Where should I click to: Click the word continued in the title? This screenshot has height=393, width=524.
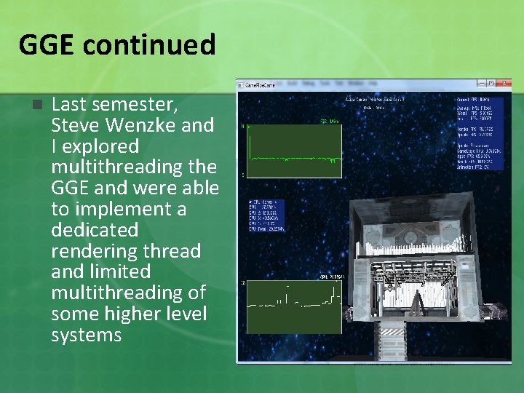148,44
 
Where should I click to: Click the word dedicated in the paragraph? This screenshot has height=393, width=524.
95,230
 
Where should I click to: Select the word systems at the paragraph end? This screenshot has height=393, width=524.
86,335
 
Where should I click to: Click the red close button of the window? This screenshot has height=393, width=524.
504,84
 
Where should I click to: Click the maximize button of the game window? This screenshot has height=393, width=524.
491,84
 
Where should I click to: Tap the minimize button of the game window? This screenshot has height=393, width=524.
481,84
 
